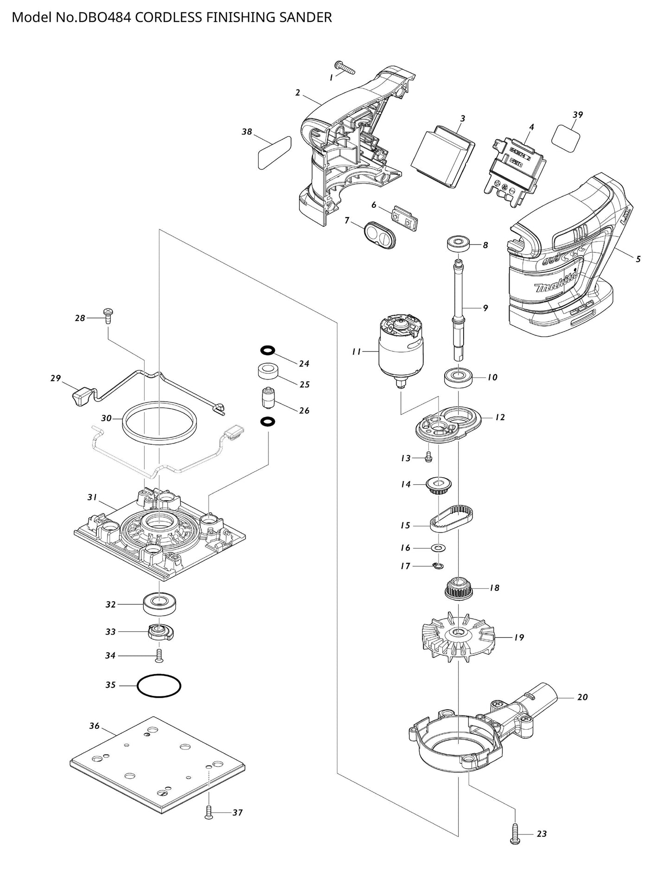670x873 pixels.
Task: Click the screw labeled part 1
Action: point(345,68)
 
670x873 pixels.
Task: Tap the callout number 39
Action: point(577,115)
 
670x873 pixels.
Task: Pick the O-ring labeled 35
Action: point(159,685)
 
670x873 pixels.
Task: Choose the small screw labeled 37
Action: point(209,812)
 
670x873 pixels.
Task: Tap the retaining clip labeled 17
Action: point(438,565)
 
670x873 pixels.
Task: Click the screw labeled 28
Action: point(108,315)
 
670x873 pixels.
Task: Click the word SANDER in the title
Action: point(308,18)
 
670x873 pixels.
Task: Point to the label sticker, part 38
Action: point(274,153)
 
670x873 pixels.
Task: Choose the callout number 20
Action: point(582,697)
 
